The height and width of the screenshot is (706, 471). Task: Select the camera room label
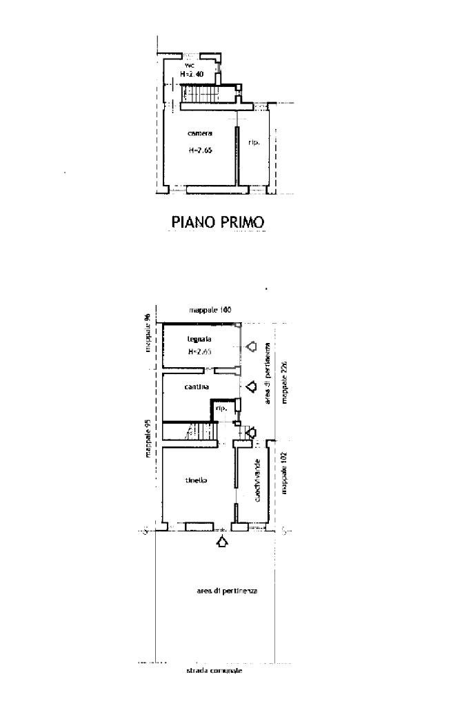tap(200, 133)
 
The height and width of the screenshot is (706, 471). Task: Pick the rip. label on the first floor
tap(254, 143)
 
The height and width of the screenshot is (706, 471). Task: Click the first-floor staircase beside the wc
tap(200, 92)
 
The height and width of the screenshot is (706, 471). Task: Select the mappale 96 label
tap(147, 333)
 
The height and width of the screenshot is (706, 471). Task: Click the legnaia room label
tap(199, 340)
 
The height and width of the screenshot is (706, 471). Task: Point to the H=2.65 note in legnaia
tap(199, 352)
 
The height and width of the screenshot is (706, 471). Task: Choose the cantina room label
tap(197, 387)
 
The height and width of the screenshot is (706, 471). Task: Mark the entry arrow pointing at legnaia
tap(251, 346)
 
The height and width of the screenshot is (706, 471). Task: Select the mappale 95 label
tap(148, 438)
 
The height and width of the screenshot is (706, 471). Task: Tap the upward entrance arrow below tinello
tap(221, 542)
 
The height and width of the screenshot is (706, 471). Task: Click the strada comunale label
tap(214, 671)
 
